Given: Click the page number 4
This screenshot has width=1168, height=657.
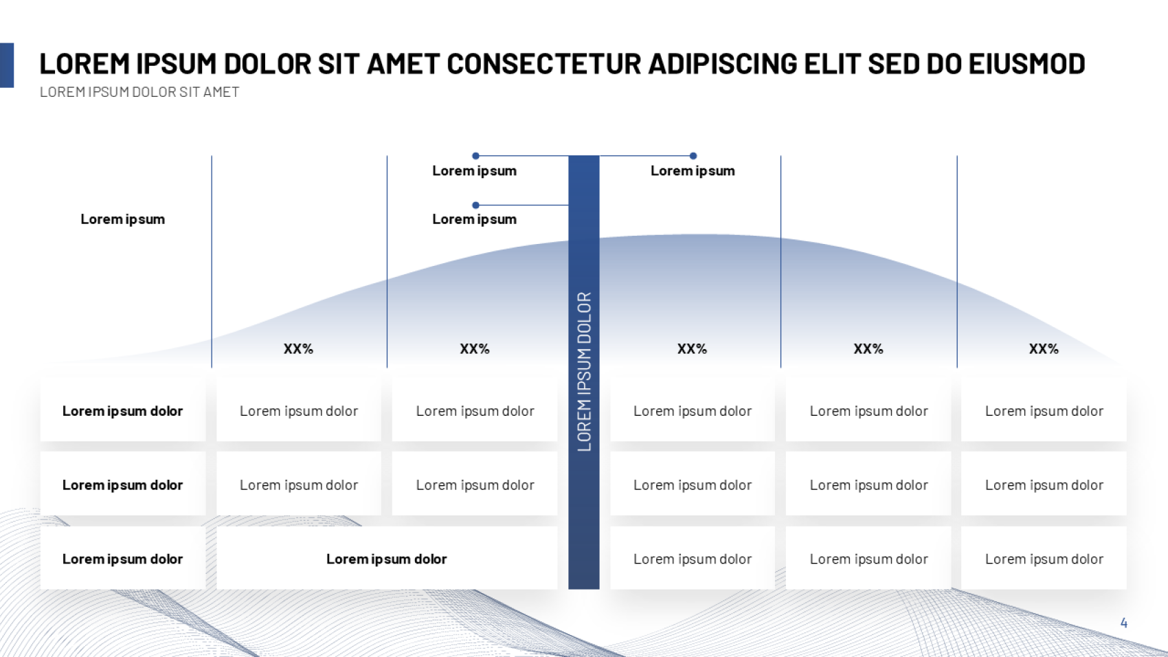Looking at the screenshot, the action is pyautogui.click(x=1123, y=623).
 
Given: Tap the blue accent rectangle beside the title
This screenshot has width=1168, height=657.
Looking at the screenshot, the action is pyautogui.click(x=7, y=65).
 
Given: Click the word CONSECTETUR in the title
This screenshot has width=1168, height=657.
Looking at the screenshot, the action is pyautogui.click(x=544, y=64).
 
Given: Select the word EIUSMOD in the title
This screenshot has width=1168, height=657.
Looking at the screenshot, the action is pyautogui.click(x=1026, y=64).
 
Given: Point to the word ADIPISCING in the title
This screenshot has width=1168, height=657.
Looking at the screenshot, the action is pyautogui.click(x=723, y=64).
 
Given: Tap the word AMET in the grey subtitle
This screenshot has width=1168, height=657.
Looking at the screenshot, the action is pyautogui.click(x=221, y=92).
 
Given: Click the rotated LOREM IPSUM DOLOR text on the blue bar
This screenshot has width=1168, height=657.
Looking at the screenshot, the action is pyautogui.click(x=584, y=372).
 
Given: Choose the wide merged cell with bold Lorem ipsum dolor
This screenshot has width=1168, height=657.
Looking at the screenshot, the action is pyautogui.click(x=387, y=558).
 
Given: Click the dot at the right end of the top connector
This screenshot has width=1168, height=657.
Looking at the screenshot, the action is pyautogui.click(x=693, y=156).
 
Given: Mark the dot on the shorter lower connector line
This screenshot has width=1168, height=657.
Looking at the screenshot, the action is pyautogui.click(x=475, y=205).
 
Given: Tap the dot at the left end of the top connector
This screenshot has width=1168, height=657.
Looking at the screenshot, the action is pyautogui.click(x=475, y=156).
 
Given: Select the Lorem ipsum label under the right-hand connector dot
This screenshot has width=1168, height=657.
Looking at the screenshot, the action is pyautogui.click(x=693, y=171).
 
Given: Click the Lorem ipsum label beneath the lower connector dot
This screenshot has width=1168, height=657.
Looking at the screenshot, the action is pyautogui.click(x=475, y=219).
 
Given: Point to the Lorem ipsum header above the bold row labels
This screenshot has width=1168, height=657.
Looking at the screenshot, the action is pyautogui.click(x=122, y=219).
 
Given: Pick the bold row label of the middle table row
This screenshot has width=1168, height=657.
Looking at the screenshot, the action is pyautogui.click(x=122, y=485).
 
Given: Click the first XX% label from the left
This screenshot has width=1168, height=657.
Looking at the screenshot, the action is pyautogui.click(x=298, y=349).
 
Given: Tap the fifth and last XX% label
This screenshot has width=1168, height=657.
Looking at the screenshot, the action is pyautogui.click(x=1044, y=349).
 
